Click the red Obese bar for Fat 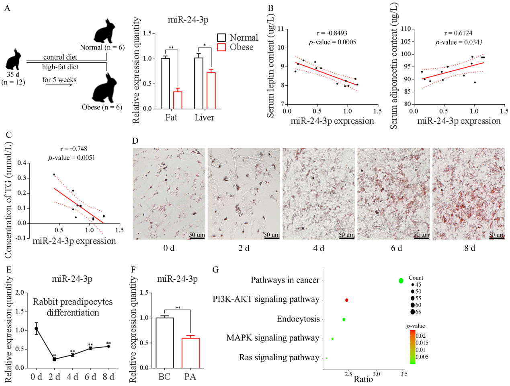(178, 100)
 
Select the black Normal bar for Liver (199, 83)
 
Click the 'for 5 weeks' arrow (59, 85)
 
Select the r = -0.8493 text (332, 33)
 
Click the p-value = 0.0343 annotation (459, 42)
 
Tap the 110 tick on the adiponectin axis (406, 29)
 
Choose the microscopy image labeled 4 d (319, 194)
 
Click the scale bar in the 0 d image (197, 238)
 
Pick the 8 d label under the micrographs (469, 248)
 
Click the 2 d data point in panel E (54, 359)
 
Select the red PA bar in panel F (190, 353)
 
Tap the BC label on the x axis (164, 377)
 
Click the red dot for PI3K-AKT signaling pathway (347, 300)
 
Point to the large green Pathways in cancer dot (401, 281)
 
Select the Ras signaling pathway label (279, 357)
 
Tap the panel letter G (215, 270)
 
